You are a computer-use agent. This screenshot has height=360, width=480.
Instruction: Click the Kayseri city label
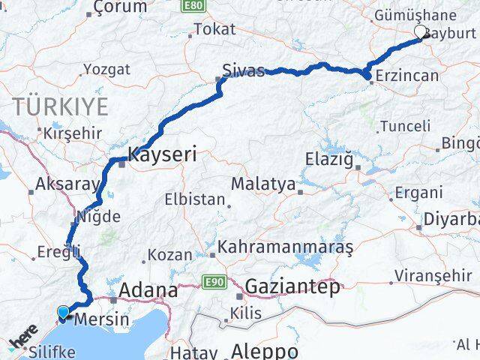coord(162,155)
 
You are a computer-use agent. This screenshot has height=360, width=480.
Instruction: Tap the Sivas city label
coord(243,71)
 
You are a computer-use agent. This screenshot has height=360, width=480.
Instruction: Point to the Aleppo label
coord(265,350)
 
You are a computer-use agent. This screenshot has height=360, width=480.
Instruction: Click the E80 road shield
coord(191,5)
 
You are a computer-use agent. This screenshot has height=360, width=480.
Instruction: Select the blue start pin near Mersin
coord(64,312)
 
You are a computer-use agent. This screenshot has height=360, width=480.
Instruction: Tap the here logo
coord(23,335)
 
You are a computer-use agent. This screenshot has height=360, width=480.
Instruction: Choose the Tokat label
coord(214,30)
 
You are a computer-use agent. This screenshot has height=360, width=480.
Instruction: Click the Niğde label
coord(97,217)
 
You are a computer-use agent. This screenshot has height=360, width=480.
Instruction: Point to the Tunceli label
coord(405,127)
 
